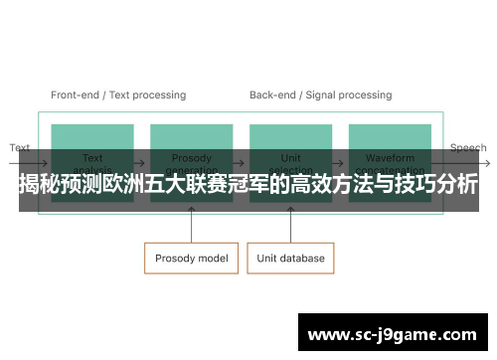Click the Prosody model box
pyautogui.click(x=191, y=259)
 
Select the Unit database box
pyautogui.click(x=291, y=259)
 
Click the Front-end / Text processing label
pyautogui.click(x=118, y=95)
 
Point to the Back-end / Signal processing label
pyautogui.click(x=320, y=95)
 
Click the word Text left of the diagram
pyautogui.click(x=20, y=148)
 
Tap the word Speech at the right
pyautogui.click(x=468, y=148)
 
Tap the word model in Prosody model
pyautogui.click(x=213, y=259)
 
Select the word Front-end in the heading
pyautogui.click(x=76, y=95)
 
